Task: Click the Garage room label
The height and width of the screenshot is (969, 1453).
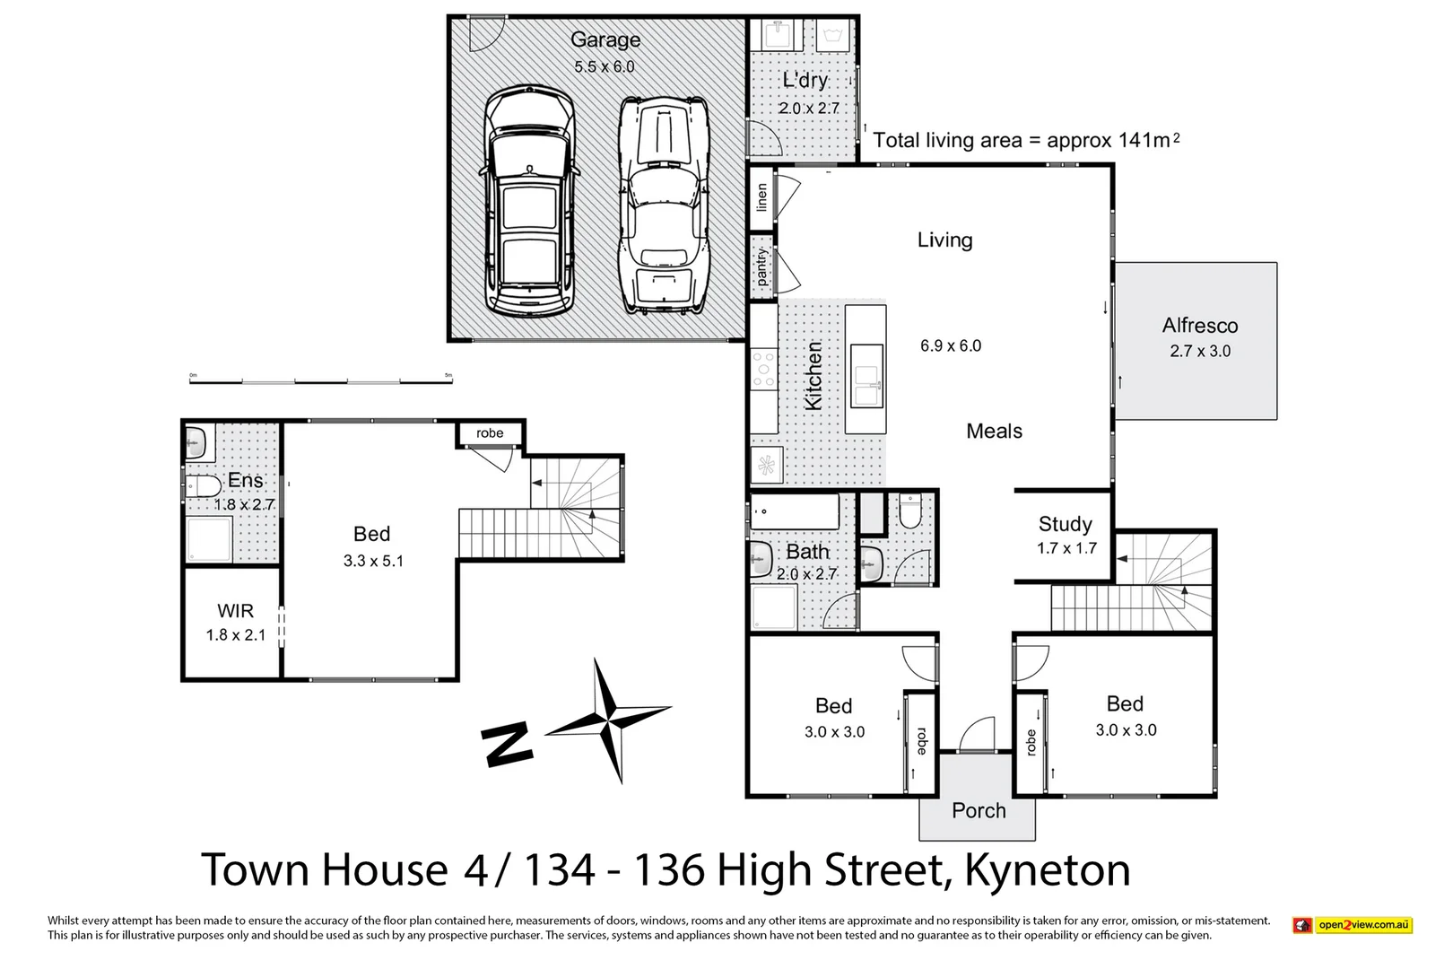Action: pyautogui.click(x=605, y=39)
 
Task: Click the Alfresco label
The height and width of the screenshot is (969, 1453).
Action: pyautogui.click(x=1200, y=326)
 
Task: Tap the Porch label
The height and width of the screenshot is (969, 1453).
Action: pyautogui.click(x=979, y=811)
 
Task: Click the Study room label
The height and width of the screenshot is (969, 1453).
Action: pyautogui.click(x=1066, y=524)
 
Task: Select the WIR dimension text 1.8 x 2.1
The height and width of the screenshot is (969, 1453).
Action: pyautogui.click(x=236, y=635)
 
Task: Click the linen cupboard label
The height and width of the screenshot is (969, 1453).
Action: pyautogui.click(x=762, y=197)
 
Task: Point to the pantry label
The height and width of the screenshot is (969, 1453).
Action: pyautogui.click(x=762, y=267)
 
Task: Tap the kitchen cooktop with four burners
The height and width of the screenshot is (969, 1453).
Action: pyautogui.click(x=764, y=369)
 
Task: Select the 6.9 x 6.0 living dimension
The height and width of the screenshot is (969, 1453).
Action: pyautogui.click(x=951, y=346)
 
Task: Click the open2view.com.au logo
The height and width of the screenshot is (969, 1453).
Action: pyautogui.click(x=1353, y=925)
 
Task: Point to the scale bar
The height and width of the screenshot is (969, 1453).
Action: pyautogui.click(x=321, y=381)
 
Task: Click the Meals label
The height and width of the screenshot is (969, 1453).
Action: pyautogui.click(x=994, y=432)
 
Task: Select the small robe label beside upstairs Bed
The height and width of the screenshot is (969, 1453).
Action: pyautogui.click(x=490, y=433)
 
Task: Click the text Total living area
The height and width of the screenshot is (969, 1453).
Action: pyautogui.click(x=947, y=141)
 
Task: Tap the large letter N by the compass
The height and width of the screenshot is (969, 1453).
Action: pyautogui.click(x=507, y=746)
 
